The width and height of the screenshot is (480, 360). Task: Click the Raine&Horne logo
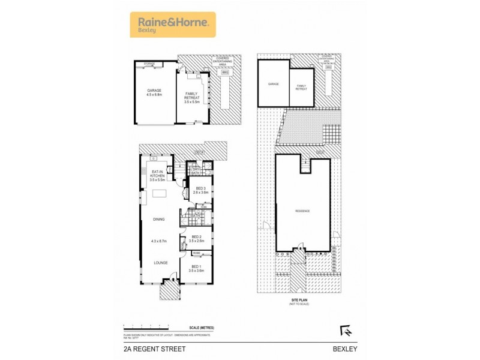click(172, 25)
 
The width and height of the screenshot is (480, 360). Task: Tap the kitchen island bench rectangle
click(159, 194)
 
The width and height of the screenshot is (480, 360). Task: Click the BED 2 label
click(196, 236)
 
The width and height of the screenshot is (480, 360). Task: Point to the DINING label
click(158, 220)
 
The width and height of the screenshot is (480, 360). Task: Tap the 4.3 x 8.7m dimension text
click(158, 241)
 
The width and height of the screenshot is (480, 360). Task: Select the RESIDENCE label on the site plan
click(302, 211)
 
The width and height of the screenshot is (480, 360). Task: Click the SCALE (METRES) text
click(202, 328)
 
